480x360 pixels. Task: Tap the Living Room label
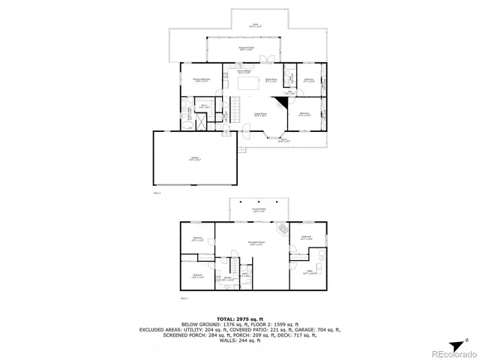pyautogui.click(x=260, y=115)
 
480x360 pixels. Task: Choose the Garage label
pyautogui.click(x=193, y=158)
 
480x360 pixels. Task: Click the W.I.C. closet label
pyautogui.click(x=203, y=107)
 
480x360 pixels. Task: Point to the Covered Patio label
pyautogui.click(x=259, y=211)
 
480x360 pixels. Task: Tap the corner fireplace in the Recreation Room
pyautogui.click(x=283, y=229)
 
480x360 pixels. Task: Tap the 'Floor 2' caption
pyautogui.click(x=157, y=193)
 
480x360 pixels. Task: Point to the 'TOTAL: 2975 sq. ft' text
pyautogui.click(x=240, y=319)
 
